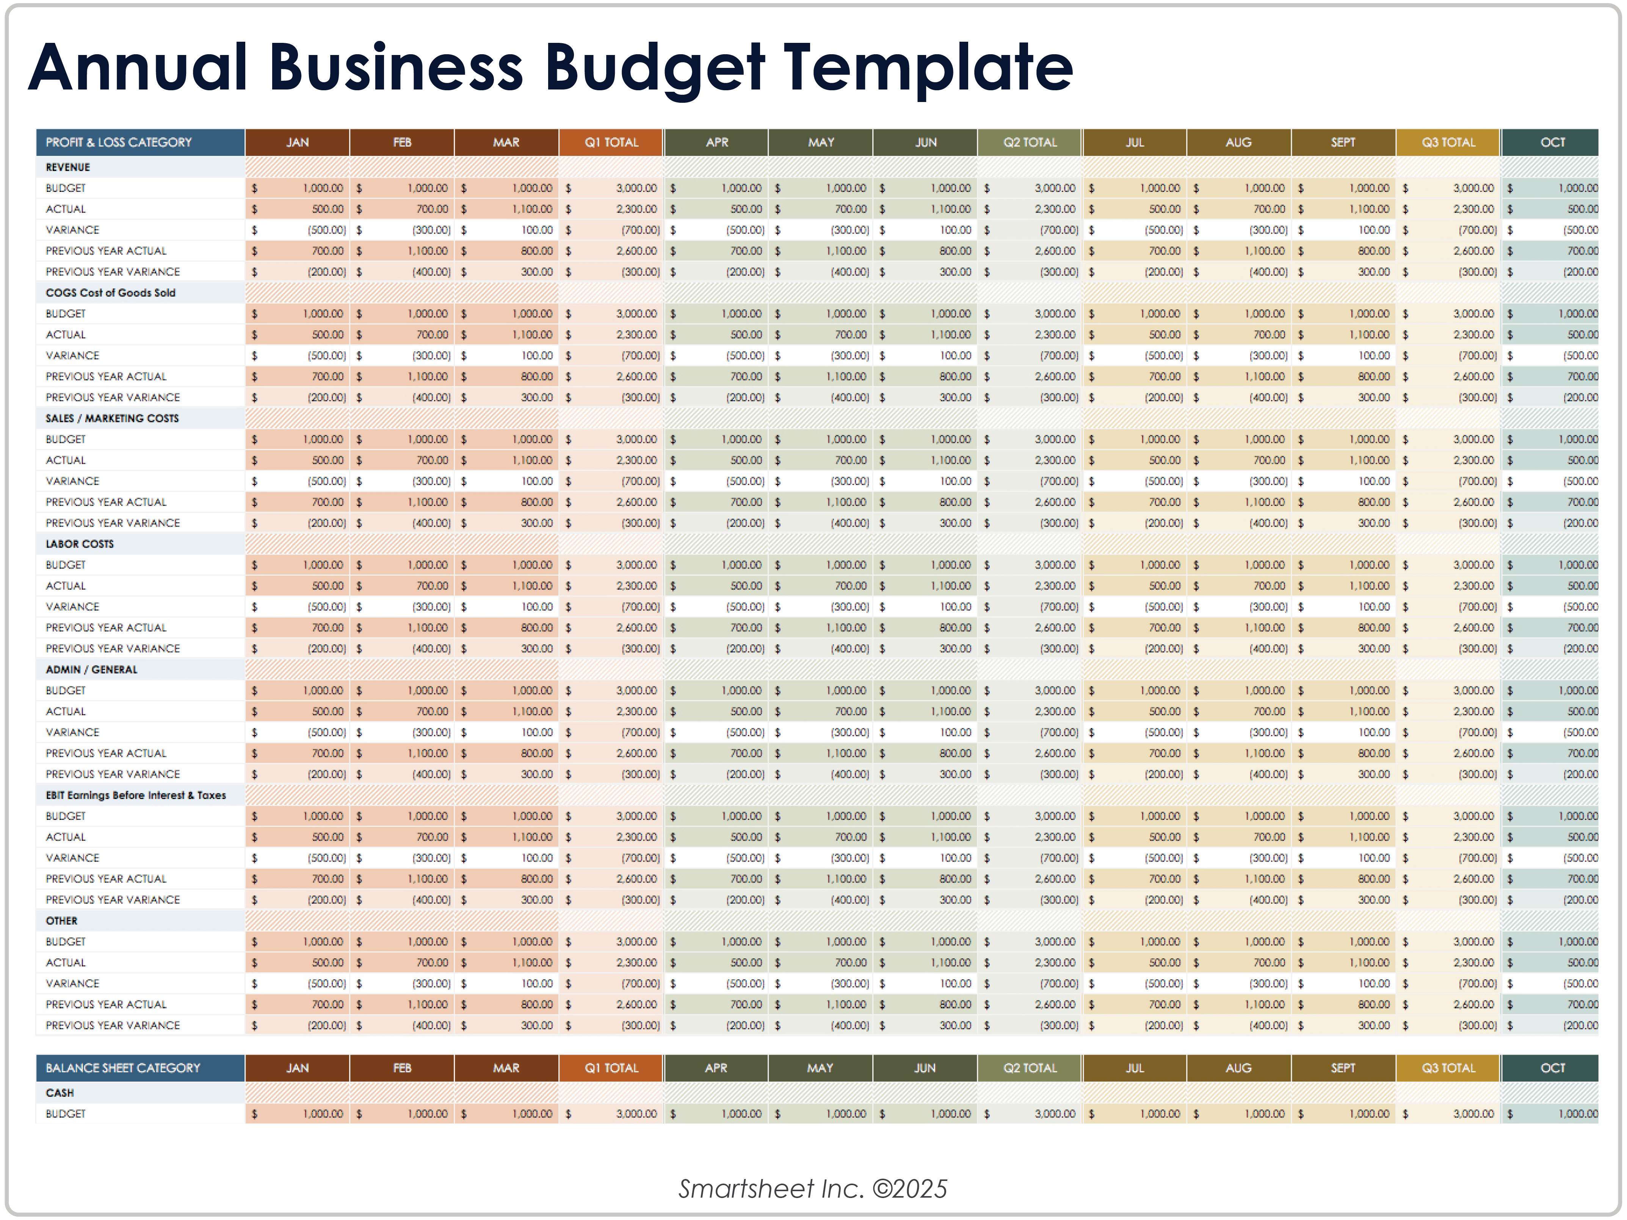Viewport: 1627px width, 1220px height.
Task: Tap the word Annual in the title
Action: point(138,68)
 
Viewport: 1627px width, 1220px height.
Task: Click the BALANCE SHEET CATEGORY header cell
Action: point(123,1068)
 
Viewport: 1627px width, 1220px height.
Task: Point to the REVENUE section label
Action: point(68,167)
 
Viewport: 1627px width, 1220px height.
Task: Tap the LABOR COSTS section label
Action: point(80,544)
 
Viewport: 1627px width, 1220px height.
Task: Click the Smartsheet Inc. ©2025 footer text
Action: point(813,1189)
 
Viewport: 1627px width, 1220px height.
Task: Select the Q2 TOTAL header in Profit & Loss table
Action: point(1030,142)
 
